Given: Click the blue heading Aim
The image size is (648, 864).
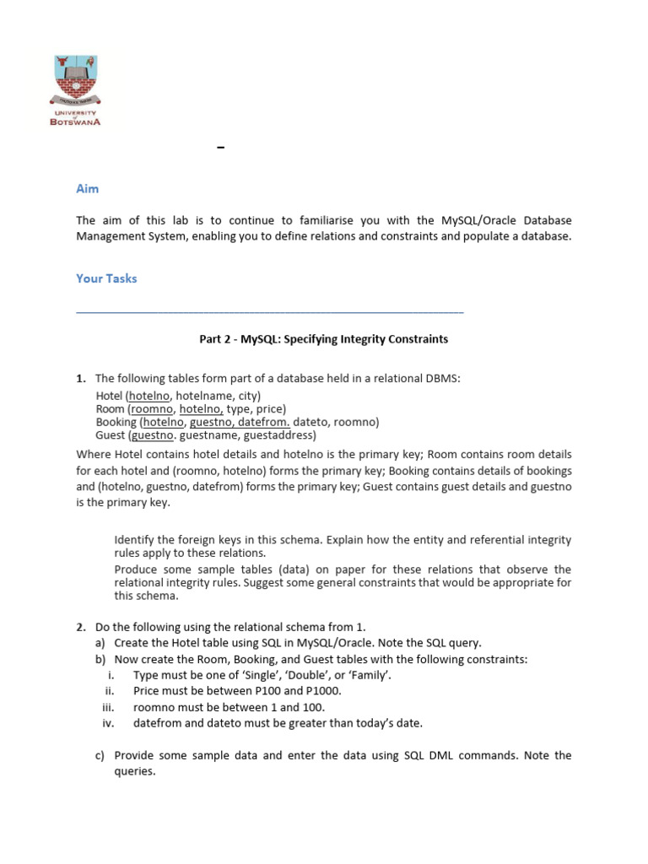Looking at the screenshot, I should point(87,189).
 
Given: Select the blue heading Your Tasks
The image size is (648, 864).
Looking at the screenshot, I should point(106,278).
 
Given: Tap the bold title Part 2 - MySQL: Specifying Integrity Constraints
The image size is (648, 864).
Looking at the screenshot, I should point(323,339).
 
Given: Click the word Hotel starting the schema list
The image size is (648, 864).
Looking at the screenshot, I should point(109,395).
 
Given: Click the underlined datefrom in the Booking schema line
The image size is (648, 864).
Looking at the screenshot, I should point(265,422).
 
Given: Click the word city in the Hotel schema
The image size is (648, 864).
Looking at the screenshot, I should point(248,395).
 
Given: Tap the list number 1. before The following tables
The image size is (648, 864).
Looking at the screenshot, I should point(81,379).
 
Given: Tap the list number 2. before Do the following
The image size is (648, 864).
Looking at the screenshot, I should point(81,627).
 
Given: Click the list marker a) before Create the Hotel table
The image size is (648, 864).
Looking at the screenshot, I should point(100,643).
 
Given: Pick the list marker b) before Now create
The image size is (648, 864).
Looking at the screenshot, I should point(100,659).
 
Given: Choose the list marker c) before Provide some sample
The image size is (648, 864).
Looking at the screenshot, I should point(100,755).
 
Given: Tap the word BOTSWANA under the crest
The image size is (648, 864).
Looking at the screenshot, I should point(77,121).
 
